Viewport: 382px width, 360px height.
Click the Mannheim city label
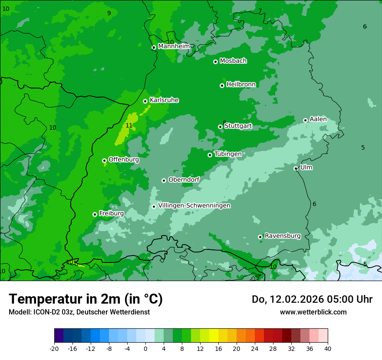click(174, 46)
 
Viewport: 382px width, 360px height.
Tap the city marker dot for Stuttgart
click(220, 127)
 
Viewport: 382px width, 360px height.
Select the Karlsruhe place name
click(164, 100)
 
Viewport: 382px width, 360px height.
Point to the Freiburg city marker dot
click(95, 214)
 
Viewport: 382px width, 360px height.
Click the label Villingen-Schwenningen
click(194, 206)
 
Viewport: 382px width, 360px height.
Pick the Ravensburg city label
click(283, 236)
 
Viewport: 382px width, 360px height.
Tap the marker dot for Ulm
click(296, 168)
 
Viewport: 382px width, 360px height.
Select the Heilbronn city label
click(241, 85)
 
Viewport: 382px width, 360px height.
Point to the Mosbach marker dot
click(215, 62)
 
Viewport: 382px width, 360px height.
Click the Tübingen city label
click(227, 154)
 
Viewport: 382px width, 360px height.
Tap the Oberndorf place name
click(184, 180)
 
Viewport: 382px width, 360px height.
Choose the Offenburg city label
click(124, 160)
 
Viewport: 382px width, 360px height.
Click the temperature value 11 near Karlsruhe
click(129, 126)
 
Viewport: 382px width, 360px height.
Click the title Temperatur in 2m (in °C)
click(86, 299)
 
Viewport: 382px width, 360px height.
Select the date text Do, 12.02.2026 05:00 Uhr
click(312, 299)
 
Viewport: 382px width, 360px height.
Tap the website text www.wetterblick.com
click(313, 312)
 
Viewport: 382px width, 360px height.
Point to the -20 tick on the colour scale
click(54, 348)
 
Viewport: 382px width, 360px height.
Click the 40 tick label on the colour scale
click(327, 348)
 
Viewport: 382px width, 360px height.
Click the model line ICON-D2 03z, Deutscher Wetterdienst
click(79, 312)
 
